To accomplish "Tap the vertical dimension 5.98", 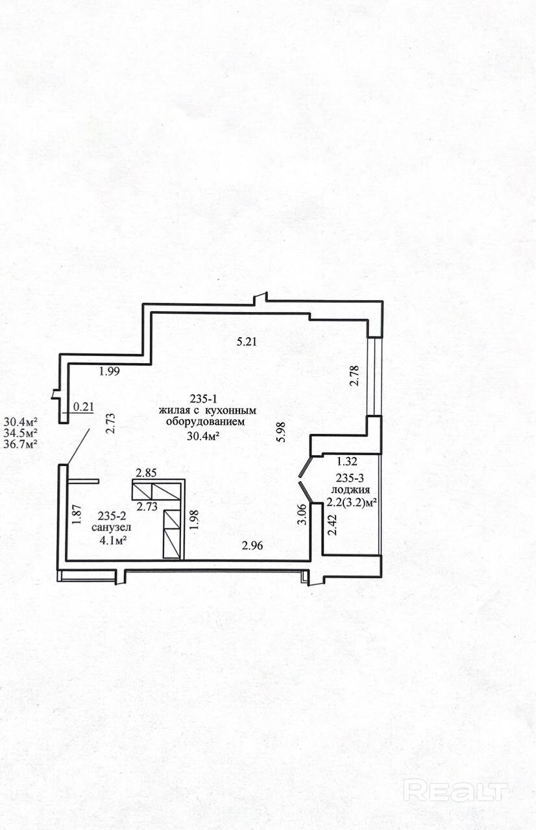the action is click(x=280, y=432).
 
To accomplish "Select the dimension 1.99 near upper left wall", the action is click(x=110, y=372).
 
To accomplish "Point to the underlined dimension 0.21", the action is click(x=84, y=407).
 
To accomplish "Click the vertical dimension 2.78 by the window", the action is click(x=354, y=376).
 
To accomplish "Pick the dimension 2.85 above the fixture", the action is click(x=146, y=473).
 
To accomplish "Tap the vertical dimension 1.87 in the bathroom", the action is click(x=76, y=514).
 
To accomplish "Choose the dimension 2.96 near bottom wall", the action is click(x=252, y=546).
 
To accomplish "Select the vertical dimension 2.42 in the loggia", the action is click(x=333, y=523).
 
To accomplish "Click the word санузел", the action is click(x=110, y=527).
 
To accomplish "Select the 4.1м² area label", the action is click(x=110, y=539).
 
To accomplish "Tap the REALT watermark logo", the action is click(x=455, y=790).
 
